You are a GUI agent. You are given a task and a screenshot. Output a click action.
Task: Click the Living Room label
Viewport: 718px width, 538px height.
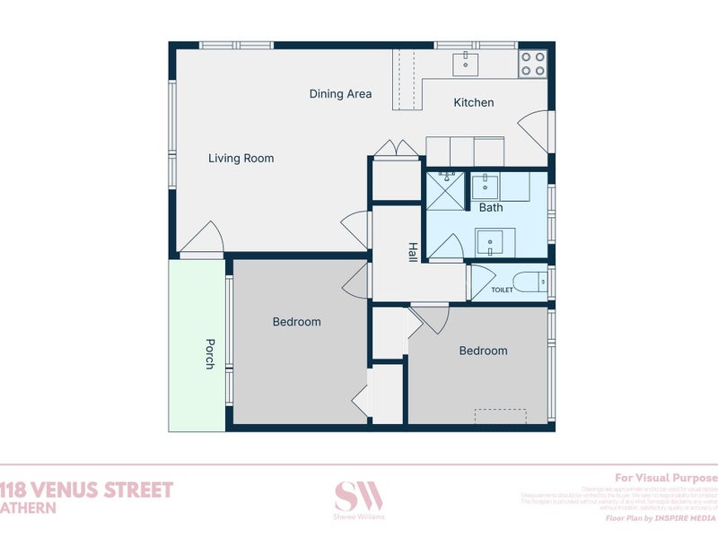point(241,159)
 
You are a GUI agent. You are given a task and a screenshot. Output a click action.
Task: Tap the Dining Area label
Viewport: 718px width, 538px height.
point(340,94)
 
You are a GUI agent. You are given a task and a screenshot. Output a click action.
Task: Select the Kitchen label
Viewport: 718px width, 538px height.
point(473,103)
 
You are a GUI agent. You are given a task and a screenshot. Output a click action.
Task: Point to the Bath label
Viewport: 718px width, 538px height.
point(491,208)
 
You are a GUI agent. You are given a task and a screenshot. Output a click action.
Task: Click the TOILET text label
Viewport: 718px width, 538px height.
point(503,290)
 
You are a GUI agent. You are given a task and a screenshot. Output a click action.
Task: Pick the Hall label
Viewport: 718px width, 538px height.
point(413,252)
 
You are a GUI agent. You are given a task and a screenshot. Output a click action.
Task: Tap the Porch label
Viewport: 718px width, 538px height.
point(209,353)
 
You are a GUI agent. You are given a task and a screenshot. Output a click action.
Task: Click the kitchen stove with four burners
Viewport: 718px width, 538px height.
point(532,63)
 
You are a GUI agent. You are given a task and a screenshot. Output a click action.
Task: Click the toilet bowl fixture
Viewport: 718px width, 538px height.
point(537,282)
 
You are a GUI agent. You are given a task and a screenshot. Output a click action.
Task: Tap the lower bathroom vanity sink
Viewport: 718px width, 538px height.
point(490,240)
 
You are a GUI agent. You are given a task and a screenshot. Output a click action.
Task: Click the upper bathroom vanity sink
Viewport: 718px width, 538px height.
point(486,187)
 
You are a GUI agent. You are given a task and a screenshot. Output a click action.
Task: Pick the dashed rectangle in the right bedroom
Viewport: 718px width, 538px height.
point(500,417)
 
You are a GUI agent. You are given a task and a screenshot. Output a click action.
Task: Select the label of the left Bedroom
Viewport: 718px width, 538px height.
point(296,322)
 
